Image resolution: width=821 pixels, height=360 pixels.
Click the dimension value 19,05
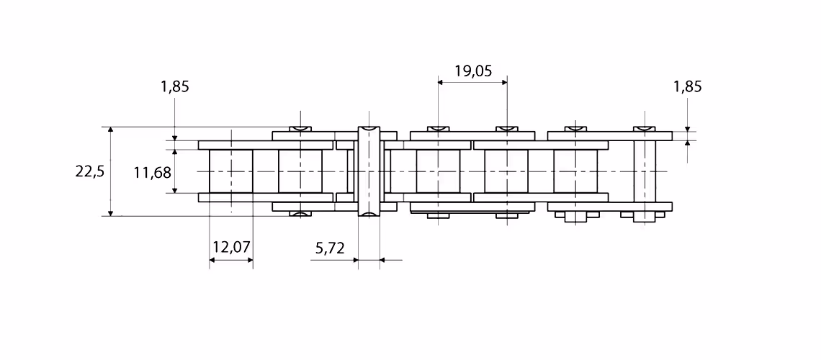(473, 71)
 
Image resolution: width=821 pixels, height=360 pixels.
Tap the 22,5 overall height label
(90, 171)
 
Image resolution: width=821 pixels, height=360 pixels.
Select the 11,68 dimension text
(153, 172)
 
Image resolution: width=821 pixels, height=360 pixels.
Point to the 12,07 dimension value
(231, 246)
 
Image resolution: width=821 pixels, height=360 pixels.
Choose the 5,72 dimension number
(330, 248)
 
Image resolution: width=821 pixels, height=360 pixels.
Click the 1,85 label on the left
(175, 86)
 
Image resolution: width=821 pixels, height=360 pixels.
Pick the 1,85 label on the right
(688, 86)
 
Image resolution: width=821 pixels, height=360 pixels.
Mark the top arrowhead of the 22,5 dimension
(110, 130)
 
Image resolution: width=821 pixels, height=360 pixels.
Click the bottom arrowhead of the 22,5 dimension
(110, 212)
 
